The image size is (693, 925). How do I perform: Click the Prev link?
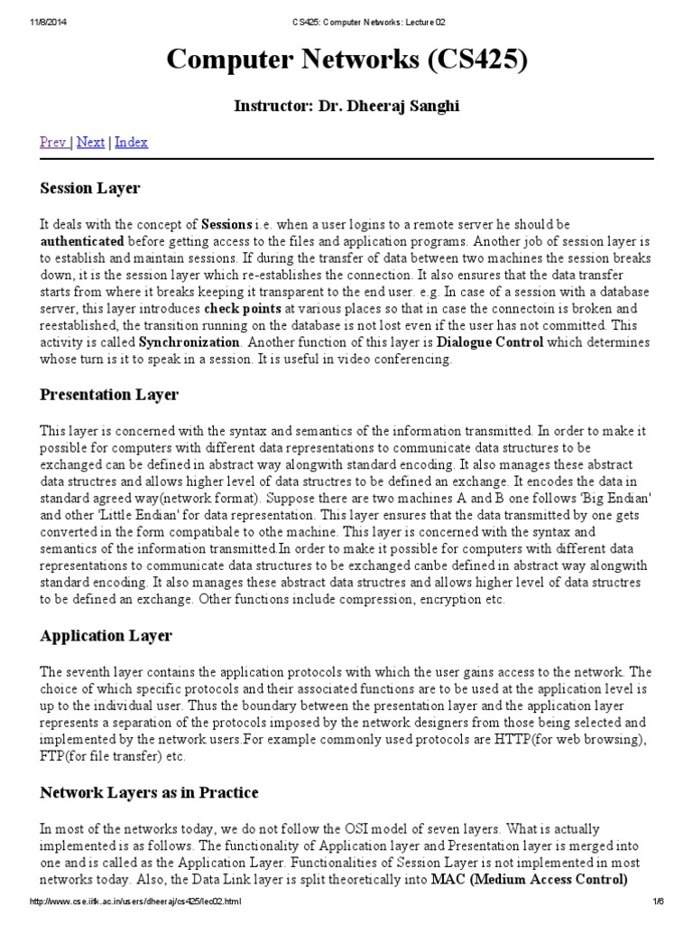point(53,142)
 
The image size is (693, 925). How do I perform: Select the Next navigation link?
point(90,142)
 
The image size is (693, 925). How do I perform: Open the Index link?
point(131,142)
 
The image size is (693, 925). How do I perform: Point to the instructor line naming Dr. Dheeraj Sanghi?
point(346,107)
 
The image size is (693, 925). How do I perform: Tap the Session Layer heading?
point(90,188)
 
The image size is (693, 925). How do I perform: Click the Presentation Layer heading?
point(109,395)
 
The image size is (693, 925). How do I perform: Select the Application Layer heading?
point(106,635)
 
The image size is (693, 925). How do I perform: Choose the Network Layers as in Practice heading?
point(149,792)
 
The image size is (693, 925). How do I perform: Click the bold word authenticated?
point(82,241)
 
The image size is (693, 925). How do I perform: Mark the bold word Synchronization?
point(189,343)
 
